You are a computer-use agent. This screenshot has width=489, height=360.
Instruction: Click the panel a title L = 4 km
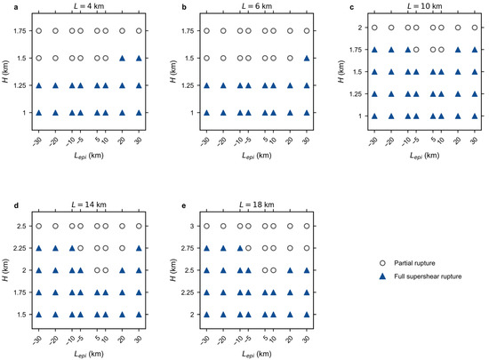click(x=89, y=6)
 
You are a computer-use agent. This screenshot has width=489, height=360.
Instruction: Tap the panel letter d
click(x=16, y=205)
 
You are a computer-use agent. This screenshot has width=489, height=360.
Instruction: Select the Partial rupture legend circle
click(x=382, y=263)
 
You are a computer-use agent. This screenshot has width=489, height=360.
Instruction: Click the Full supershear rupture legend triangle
click(x=382, y=276)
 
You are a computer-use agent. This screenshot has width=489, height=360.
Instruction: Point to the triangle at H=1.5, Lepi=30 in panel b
click(x=307, y=58)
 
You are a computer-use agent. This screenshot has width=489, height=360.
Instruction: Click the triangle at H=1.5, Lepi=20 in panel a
click(x=123, y=58)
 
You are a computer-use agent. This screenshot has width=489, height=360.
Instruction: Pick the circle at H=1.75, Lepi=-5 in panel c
click(x=416, y=50)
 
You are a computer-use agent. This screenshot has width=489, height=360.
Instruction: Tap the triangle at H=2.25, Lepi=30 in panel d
click(x=139, y=248)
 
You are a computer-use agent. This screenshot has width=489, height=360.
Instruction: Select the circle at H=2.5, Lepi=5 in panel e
click(x=265, y=270)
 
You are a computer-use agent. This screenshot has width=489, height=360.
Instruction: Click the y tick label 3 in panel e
click(x=192, y=226)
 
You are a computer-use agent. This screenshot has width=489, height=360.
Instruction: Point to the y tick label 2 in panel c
click(x=360, y=28)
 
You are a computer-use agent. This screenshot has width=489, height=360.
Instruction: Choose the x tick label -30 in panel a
click(x=37, y=140)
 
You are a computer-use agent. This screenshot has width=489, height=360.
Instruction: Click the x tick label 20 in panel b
click(x=290, y=140)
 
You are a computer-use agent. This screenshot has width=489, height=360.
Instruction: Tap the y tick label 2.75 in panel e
click(x=188, y=248)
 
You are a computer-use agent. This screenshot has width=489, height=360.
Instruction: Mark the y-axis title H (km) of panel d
click(x=5, y=270)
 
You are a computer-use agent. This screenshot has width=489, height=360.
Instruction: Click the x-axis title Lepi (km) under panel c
click(x=424, y=156)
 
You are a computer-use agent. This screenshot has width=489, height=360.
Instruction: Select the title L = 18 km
click(x=257, y=204)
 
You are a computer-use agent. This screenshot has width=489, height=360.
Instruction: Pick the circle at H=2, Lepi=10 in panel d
click(x=106, y=270)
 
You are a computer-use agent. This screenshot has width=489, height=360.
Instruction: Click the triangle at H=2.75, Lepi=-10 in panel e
click(x=240, y=248)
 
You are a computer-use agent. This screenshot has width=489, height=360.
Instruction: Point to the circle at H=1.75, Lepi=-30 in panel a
click(x=38, y=31)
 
